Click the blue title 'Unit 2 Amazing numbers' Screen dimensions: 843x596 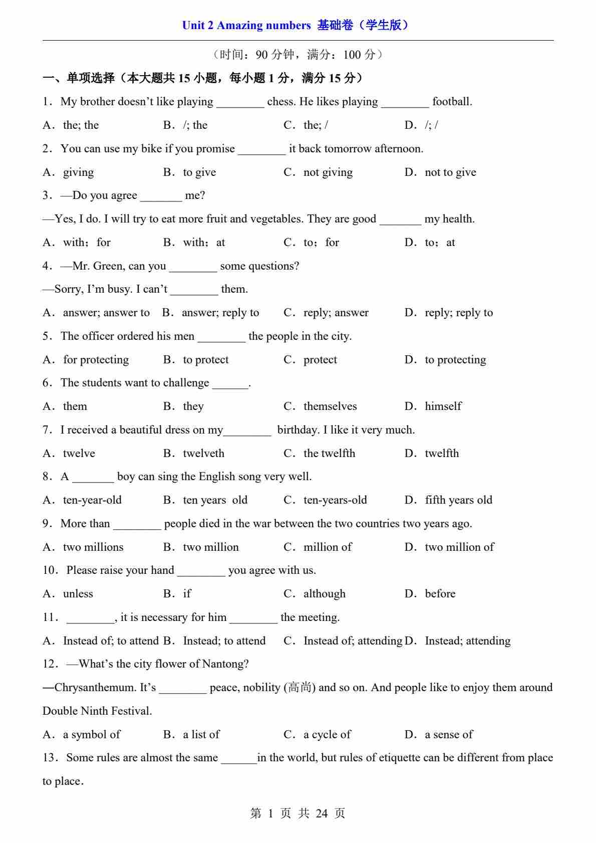[x=246, y=25]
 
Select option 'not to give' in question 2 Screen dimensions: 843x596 [x=450, y=172]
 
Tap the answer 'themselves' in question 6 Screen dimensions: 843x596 [x=330, y=406]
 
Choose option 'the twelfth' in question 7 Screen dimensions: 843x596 [x=329, y=454]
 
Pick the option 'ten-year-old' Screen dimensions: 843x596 [x=92, y=500]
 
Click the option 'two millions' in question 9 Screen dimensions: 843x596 [x=93, y=547]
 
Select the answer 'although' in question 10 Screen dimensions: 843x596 [x=324, y=594]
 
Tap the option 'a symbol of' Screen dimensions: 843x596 [x=91, y=735]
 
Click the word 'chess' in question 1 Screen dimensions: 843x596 [x=280, y=102]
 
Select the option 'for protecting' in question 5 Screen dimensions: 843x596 [x=95, y=360]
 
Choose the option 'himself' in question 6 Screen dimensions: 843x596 [x=443, y=406]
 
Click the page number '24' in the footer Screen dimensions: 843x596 [x=322, y=813]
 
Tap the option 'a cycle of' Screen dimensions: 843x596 [x=327, y=735]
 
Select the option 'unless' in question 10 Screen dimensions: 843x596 [x=78, y=594]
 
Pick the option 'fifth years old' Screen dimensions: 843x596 [x=458, y=500]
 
